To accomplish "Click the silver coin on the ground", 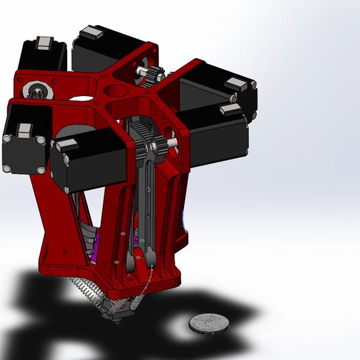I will click(209, 323).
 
